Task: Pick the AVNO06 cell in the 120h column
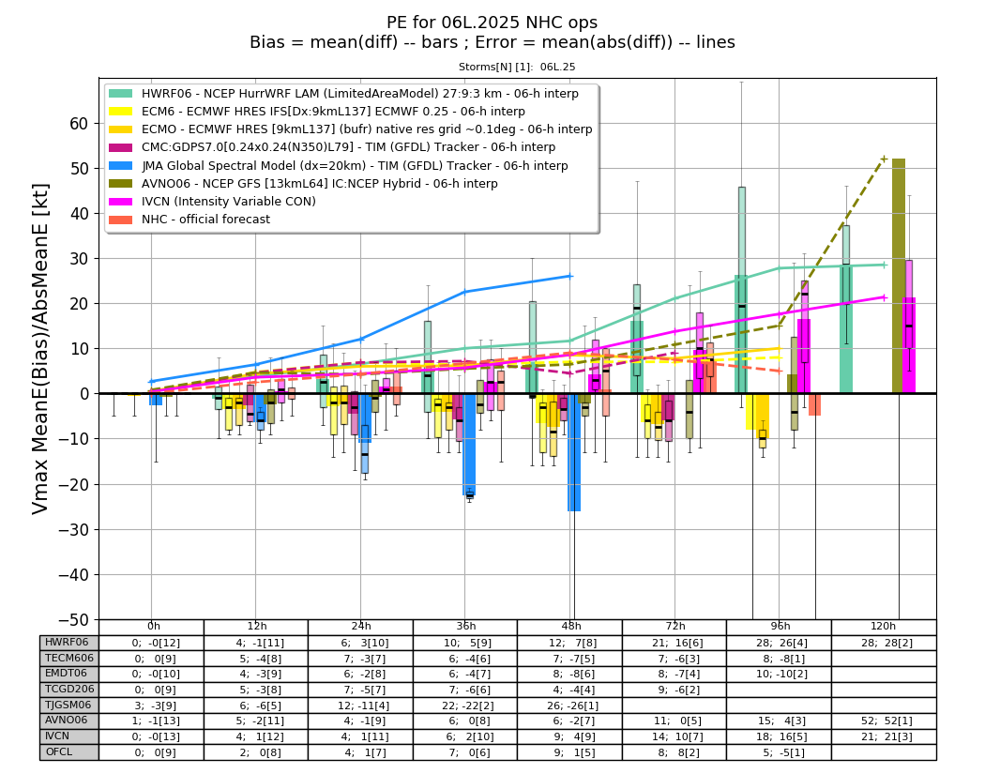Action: click(884, 721)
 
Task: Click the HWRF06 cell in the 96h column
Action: click(779, 643)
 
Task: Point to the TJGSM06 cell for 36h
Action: click(465, 705)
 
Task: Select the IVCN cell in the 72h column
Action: click(674, 736)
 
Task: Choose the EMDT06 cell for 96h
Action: click(779, 675)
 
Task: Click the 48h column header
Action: click(570, 627)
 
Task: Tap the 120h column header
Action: click(884, 627)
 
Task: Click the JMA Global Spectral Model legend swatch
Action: click(121, 166)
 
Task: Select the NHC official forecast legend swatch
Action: click(121, 220)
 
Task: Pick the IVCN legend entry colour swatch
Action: click(121, 202)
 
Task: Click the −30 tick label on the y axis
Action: click(73, 530)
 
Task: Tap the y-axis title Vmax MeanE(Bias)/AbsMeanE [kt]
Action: click(39, 349)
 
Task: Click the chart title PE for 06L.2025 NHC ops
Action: click(492, 23)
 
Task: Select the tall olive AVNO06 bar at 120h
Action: click(899, 276)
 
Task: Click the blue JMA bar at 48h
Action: click(574, 452)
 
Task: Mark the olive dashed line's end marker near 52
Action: click(885, 159)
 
